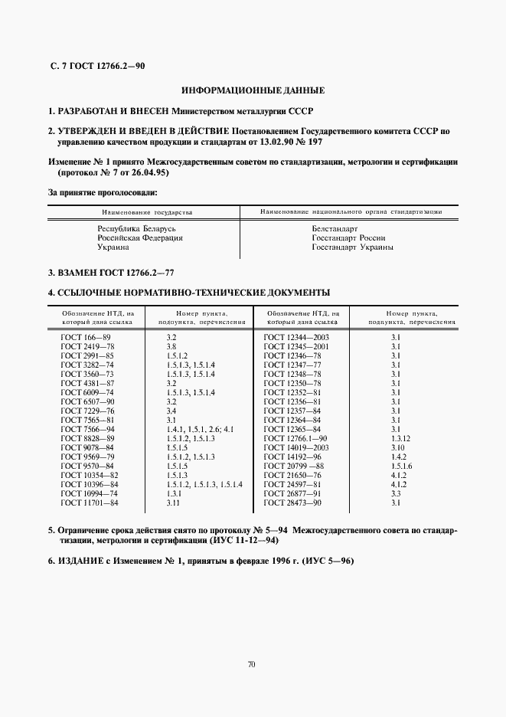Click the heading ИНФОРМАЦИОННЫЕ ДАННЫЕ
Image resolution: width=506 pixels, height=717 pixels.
[x=252, y=90]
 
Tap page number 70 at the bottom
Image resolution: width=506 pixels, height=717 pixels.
[x=252, y=663]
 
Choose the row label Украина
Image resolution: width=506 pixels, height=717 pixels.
[x=113, y=247]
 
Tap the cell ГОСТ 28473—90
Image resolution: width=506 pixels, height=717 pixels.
[x=292, y=503]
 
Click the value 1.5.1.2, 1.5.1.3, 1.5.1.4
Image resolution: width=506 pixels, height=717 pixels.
[x=204, y=485]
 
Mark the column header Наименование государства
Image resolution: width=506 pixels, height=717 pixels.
[x=147, y=211]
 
